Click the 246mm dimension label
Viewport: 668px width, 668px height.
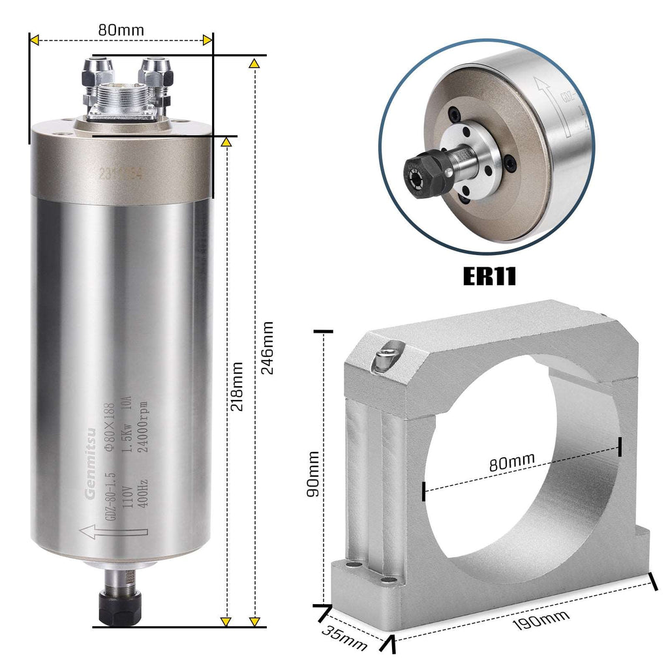[267, 346]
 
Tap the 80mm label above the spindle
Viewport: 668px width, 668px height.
[121, 29]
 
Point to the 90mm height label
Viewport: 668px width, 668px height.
[313, 474]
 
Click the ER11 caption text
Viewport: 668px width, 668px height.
[489, 275]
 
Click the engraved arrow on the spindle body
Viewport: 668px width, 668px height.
[104, 531]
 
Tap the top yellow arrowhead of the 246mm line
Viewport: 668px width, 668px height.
[255, 64]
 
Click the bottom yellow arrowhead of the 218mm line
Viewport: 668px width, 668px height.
[226, 620]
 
